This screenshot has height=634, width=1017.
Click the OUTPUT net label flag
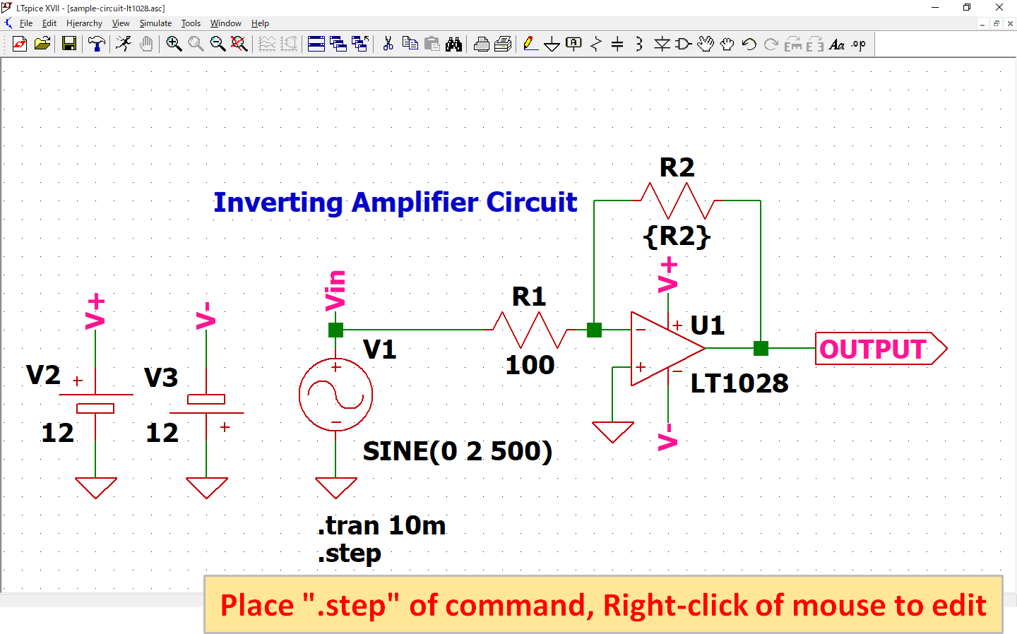coord(879,349)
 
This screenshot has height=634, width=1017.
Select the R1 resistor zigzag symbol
coord(529,330)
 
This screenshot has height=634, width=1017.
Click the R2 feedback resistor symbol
coord(677,201)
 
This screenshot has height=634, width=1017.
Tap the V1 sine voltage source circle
coord(335,395)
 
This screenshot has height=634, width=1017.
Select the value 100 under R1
coord(530,365)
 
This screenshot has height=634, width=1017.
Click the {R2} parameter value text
coord(677,236)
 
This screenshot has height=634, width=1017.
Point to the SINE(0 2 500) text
coord(457,451)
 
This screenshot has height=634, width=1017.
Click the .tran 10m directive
coord(382,526)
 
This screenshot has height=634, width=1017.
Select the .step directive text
coord(350,554)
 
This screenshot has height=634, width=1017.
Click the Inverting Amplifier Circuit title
coord(395,203)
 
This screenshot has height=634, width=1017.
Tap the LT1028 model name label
coord(739,383)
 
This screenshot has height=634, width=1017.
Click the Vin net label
coord(335,291)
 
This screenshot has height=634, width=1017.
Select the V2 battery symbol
coord(95,402)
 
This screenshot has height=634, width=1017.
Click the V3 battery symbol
coord(206,406)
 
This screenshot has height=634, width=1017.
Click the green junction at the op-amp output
coord(761,348)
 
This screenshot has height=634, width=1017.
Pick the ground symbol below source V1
coord(335,487)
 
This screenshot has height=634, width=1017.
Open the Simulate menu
coord(155,23)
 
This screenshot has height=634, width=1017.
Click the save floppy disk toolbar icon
coord(69,44)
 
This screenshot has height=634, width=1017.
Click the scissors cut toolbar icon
coord(388,44)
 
